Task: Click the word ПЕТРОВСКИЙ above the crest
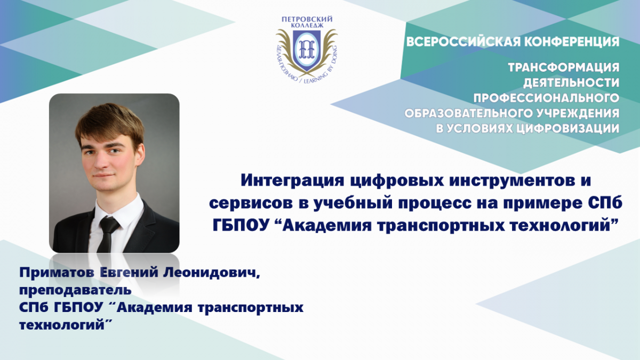(307, 19)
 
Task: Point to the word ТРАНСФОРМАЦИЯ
(564, 67)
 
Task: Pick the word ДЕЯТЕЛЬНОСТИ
(571, 83)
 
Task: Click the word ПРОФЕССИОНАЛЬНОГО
(546, 98)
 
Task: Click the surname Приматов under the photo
(57, 273)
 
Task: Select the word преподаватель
(75, 290)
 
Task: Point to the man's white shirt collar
(119, 209)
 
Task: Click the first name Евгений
(129, 273)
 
